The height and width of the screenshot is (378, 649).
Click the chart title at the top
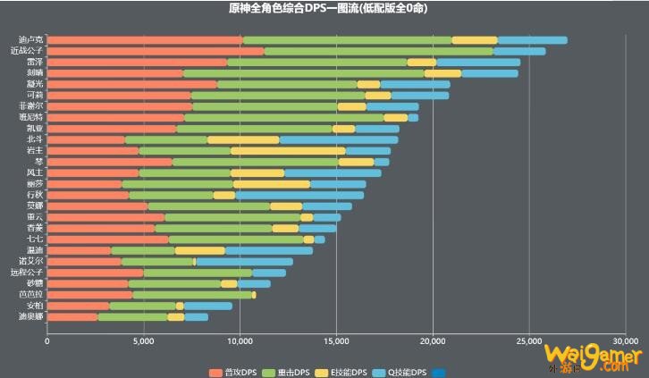point(324,8)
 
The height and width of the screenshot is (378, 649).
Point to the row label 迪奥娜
point(27,316)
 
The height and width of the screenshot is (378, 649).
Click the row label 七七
point(33,239)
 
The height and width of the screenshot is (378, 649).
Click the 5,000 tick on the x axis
point(143,340)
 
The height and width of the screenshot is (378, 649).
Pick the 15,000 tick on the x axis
point(336,340)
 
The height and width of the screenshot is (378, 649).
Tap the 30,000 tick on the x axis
point(625,340)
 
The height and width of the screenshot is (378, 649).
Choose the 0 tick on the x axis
point(47,340)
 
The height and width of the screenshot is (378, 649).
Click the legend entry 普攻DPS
point(236,371)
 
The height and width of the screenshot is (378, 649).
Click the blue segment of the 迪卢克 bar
point(532,40)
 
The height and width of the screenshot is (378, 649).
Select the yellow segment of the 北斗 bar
point(243,139)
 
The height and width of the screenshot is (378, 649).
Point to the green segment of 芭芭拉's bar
point(192,294)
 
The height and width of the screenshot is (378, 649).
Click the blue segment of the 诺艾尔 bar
point(244,261)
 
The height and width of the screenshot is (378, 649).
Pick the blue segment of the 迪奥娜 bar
point(196,316)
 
